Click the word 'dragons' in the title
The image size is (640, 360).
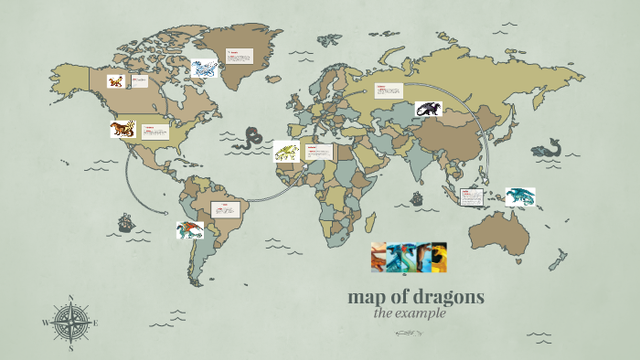coord(448,297)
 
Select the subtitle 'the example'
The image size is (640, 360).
coord(410,313)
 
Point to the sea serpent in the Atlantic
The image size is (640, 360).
coord(247,139)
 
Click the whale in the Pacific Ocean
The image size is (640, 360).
coord(547,149)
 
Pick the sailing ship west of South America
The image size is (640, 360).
coord(126,222)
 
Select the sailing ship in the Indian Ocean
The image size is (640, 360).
coord(417,198)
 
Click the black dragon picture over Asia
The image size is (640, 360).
coord(428,109)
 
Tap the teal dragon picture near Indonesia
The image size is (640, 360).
coord(519,196)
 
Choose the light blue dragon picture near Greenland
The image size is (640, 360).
coord(204,68)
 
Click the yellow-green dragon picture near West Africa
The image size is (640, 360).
coord(286,151)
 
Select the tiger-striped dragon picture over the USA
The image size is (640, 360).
coord(123,129)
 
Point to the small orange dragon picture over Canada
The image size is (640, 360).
coord(114,81)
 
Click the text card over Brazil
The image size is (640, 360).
coord(224,209)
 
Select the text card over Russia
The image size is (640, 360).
coord(388,90)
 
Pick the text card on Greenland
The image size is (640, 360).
coord(240,61)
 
